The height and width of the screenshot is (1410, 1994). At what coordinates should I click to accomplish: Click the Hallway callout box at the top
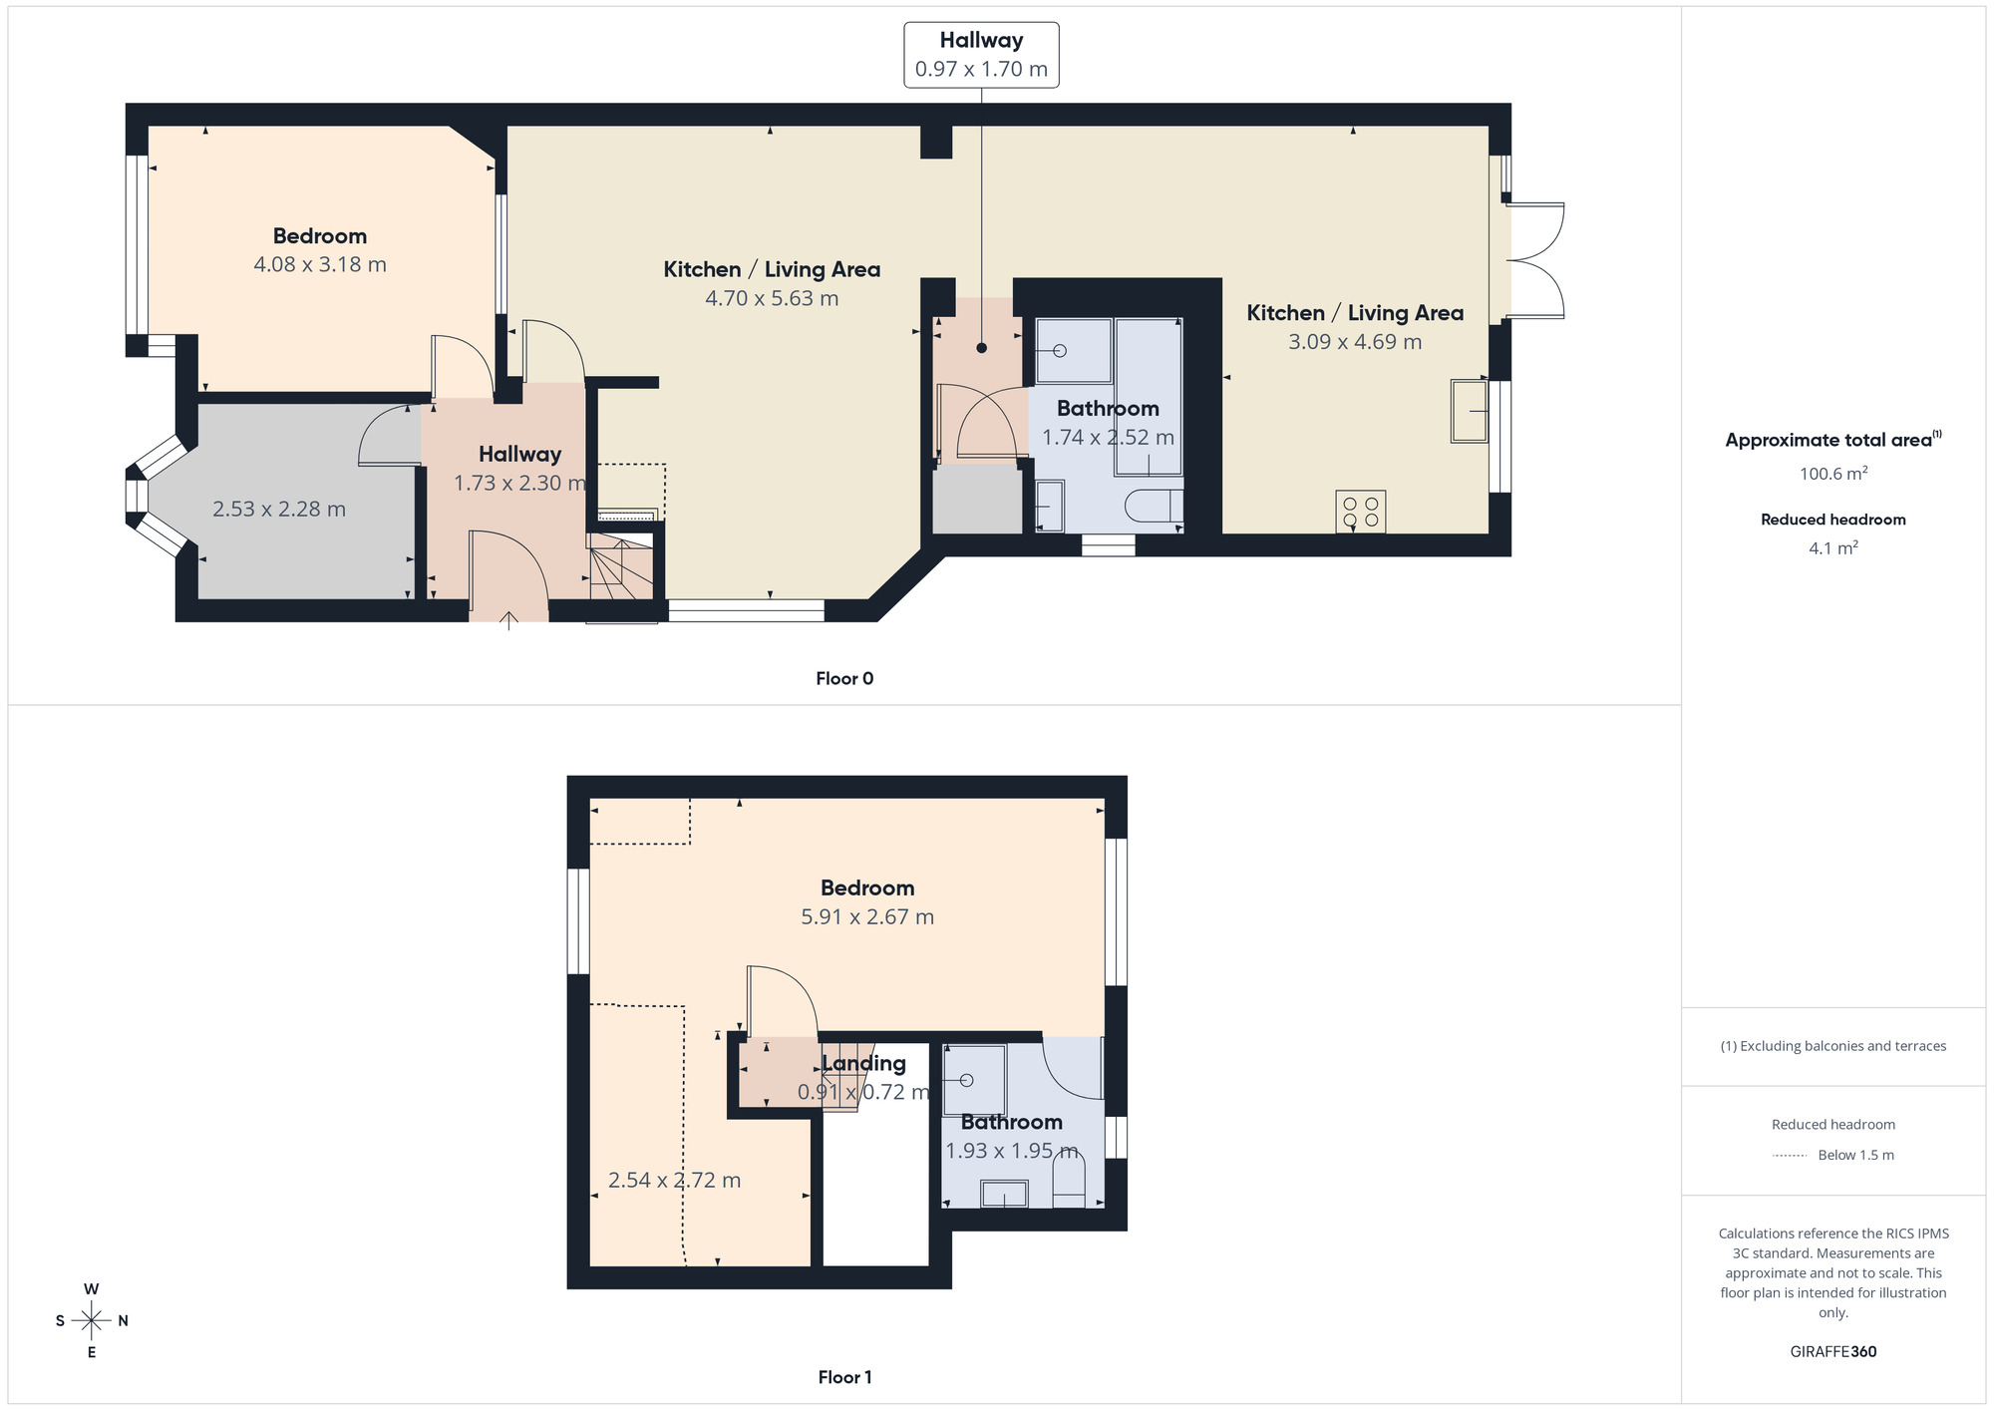[981, 55]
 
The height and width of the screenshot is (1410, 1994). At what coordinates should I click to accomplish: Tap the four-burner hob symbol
[1361, 512]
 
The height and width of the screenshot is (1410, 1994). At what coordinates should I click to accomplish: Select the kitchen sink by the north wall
[1469, 410]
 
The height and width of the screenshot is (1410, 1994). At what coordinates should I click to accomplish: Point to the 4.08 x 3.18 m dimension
[319, 264]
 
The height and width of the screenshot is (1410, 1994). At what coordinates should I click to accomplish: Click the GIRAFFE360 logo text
[1832, 1351]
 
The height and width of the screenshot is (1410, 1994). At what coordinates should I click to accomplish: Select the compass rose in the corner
[92, 1321]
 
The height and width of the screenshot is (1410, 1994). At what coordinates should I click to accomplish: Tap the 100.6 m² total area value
[1832, 474]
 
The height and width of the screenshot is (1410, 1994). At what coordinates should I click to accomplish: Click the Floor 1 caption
[844, 1377]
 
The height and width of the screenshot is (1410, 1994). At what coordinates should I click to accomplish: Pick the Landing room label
[863, 1063]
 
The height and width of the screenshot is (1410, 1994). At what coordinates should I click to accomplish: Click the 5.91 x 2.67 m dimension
[867, 916]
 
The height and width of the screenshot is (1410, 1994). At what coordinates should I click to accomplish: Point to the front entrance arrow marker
[508, 621]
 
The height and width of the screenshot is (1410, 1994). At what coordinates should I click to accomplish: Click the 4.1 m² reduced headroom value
[1832, 547]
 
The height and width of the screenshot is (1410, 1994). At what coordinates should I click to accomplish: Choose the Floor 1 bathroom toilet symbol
[1068, 1187]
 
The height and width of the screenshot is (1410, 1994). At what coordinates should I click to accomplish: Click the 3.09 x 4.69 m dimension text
[1354, 341]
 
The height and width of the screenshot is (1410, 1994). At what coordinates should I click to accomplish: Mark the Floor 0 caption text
[844, 678]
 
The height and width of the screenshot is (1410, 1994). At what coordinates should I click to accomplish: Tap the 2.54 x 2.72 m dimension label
[674, 1180]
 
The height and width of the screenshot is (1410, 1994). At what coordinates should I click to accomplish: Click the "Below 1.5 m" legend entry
[1854, 1155]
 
